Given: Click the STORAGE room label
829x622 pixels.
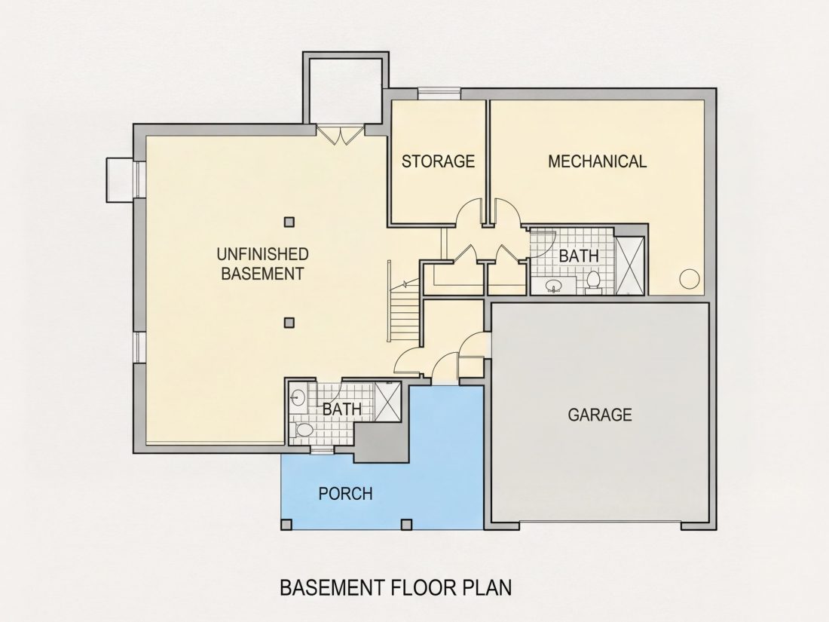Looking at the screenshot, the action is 439,161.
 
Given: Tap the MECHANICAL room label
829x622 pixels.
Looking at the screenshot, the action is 597,161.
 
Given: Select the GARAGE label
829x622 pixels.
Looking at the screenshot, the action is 600,414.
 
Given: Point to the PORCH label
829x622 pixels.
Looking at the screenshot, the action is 345,494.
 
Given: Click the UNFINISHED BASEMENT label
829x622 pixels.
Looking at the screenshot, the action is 263,263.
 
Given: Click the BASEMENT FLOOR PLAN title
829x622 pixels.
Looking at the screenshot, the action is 396,587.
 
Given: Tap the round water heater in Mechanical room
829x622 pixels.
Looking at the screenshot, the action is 690,278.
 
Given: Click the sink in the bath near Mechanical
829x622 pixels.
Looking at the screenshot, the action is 554,286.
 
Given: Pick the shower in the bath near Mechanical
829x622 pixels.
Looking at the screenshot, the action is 630,265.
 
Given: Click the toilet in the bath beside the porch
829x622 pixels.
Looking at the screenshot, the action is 303,430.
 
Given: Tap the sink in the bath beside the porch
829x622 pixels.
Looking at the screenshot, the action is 298,397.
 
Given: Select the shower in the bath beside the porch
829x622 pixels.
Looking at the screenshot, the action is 387,401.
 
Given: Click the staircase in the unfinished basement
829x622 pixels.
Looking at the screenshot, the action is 405,312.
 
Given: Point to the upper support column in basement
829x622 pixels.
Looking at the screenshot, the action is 289,222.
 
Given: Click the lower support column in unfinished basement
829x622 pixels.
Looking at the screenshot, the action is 289,322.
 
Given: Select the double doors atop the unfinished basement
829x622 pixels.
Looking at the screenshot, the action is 341,134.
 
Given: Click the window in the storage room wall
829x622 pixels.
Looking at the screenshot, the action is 439,93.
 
